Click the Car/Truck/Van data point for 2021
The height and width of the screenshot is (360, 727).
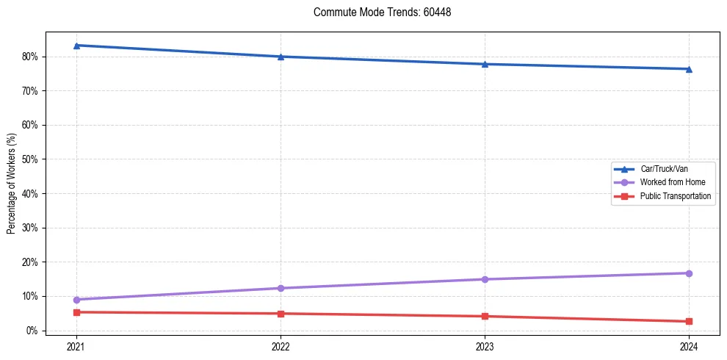tap(76, 46)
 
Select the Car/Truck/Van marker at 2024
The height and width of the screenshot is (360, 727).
tap(689, 69)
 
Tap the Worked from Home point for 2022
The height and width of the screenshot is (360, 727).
tap(281, 288)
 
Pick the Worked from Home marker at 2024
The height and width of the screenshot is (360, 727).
tap(689, 273)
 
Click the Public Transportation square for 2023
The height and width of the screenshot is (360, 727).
tap(485, 317)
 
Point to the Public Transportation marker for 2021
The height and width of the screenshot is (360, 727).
tap(76, 312)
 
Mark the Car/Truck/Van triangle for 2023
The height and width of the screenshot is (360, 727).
tap(485, 64)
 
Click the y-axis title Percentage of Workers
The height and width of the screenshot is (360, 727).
tap(12, 184)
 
